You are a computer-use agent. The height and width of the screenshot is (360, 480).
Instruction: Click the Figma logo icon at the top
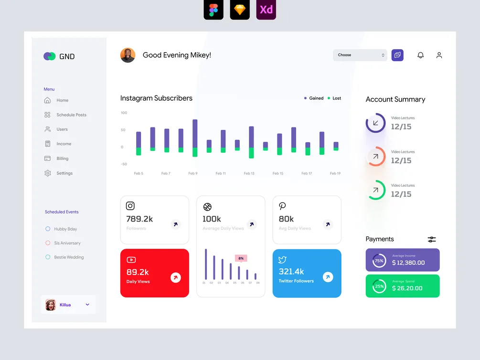[213, 10]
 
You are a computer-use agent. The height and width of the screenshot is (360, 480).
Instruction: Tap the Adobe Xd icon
[266, 10]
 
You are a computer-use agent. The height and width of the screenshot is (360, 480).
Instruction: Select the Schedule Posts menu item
[71, 115]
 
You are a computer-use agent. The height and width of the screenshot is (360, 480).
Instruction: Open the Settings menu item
[64, 173]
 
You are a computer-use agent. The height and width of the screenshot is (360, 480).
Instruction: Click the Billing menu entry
[62, 159]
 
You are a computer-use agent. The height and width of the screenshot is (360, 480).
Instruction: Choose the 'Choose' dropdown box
[360, 55]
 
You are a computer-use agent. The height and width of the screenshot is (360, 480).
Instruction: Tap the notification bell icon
[420, 55]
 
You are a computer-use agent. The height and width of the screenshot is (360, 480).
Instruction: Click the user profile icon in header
[439, 55]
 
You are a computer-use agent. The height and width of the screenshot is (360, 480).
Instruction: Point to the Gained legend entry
[314, 98]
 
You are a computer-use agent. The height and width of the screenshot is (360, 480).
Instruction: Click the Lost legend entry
[334, 98]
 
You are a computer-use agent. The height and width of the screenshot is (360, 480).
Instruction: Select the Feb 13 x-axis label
[249, 173]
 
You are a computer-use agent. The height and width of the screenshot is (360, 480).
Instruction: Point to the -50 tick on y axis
[124, 164]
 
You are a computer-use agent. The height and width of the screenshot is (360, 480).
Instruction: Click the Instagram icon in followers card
[130, 206]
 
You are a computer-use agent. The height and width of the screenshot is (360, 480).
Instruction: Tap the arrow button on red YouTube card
[175, 277]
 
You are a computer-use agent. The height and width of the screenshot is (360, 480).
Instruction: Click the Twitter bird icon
[282, 260]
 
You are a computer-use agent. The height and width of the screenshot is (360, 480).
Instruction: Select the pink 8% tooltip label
[241, 258]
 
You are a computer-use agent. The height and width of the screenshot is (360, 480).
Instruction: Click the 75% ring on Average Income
[379, 261]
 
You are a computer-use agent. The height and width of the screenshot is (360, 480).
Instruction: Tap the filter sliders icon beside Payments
[432, 240]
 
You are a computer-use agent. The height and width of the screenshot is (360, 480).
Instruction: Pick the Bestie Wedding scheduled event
[69, 257]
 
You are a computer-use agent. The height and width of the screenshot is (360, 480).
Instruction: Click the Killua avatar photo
[51, 305]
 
